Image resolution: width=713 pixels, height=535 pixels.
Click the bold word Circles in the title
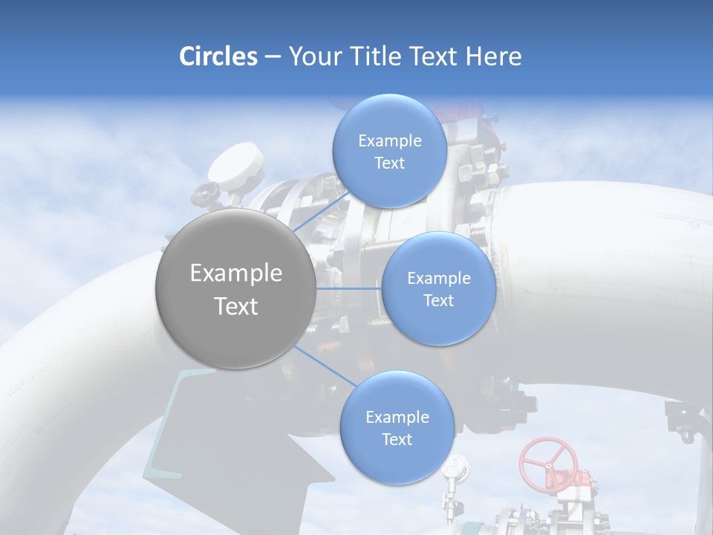[218, 56]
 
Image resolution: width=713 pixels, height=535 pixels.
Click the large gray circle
[235, 288]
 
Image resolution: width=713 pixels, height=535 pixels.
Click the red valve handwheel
[548, 461]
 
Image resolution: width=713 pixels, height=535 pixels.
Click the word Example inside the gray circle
[235, 273]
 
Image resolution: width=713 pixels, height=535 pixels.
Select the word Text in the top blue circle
[389, 163]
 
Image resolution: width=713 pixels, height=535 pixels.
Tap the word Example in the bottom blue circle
[397, 418]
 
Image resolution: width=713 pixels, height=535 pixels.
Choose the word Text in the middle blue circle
[438, 301]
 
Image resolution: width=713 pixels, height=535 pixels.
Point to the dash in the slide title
[272, 56]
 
